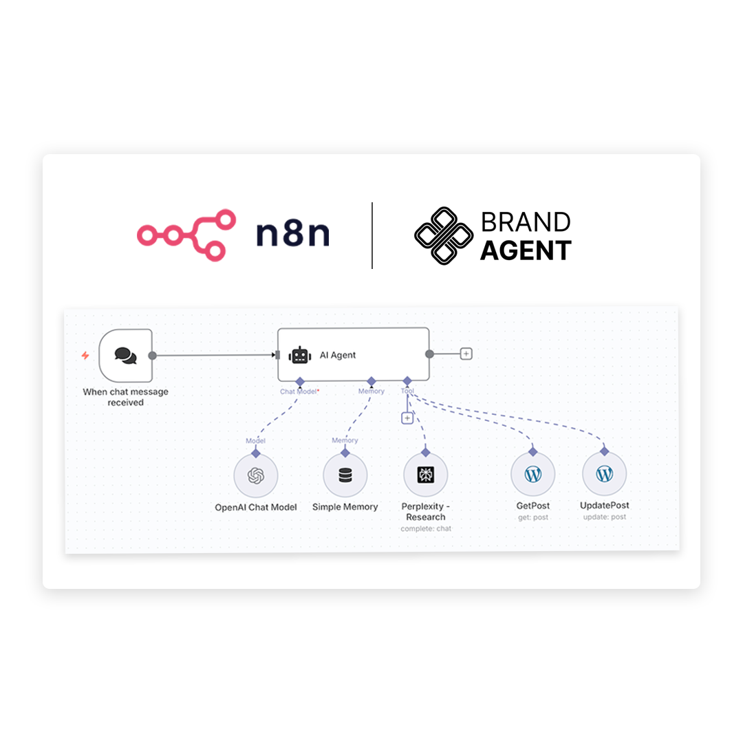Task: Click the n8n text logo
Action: click(292, 234)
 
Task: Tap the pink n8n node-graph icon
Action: click(186, 235)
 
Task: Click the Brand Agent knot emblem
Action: click(444, 235)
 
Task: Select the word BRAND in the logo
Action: click(526, 222)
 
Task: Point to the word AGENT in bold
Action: click(526, 250)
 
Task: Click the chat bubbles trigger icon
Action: click(126, 356)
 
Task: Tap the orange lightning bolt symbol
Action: click(85, 356)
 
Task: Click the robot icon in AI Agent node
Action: click(300, 356)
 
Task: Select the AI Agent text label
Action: click(337, 356)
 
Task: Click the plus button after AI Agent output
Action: click(466, 354)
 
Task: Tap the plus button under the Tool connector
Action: click(407, 418)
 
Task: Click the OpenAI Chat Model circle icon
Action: click(256, 476)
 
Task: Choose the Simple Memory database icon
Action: click(345, 475)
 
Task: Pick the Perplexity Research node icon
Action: click(426, 475)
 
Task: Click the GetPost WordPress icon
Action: click(533, 474)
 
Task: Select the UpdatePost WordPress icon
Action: click(605, 474)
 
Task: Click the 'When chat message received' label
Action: click(126, 397)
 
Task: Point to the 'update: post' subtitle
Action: click(605, 517)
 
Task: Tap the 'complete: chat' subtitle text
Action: click(426, 529)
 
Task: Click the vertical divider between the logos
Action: click(372, 235)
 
